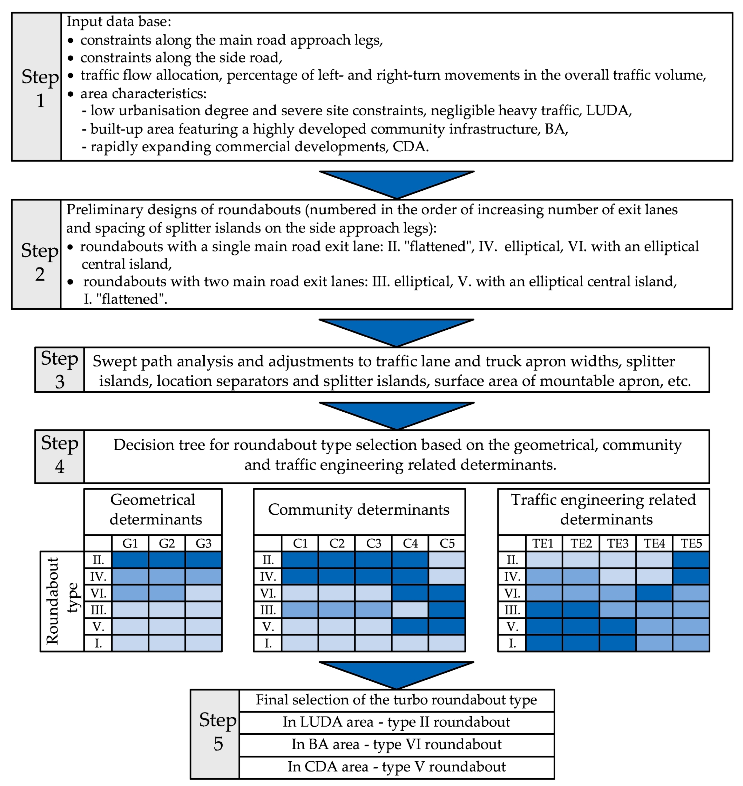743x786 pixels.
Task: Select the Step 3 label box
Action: (x=59, y=370)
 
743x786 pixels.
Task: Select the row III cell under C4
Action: (x=410, y=610)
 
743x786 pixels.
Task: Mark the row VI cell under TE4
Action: (x=654, y=593)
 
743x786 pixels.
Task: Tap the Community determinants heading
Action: (x=359, y=510)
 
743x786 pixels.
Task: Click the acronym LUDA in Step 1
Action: (x=607, y=110)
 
